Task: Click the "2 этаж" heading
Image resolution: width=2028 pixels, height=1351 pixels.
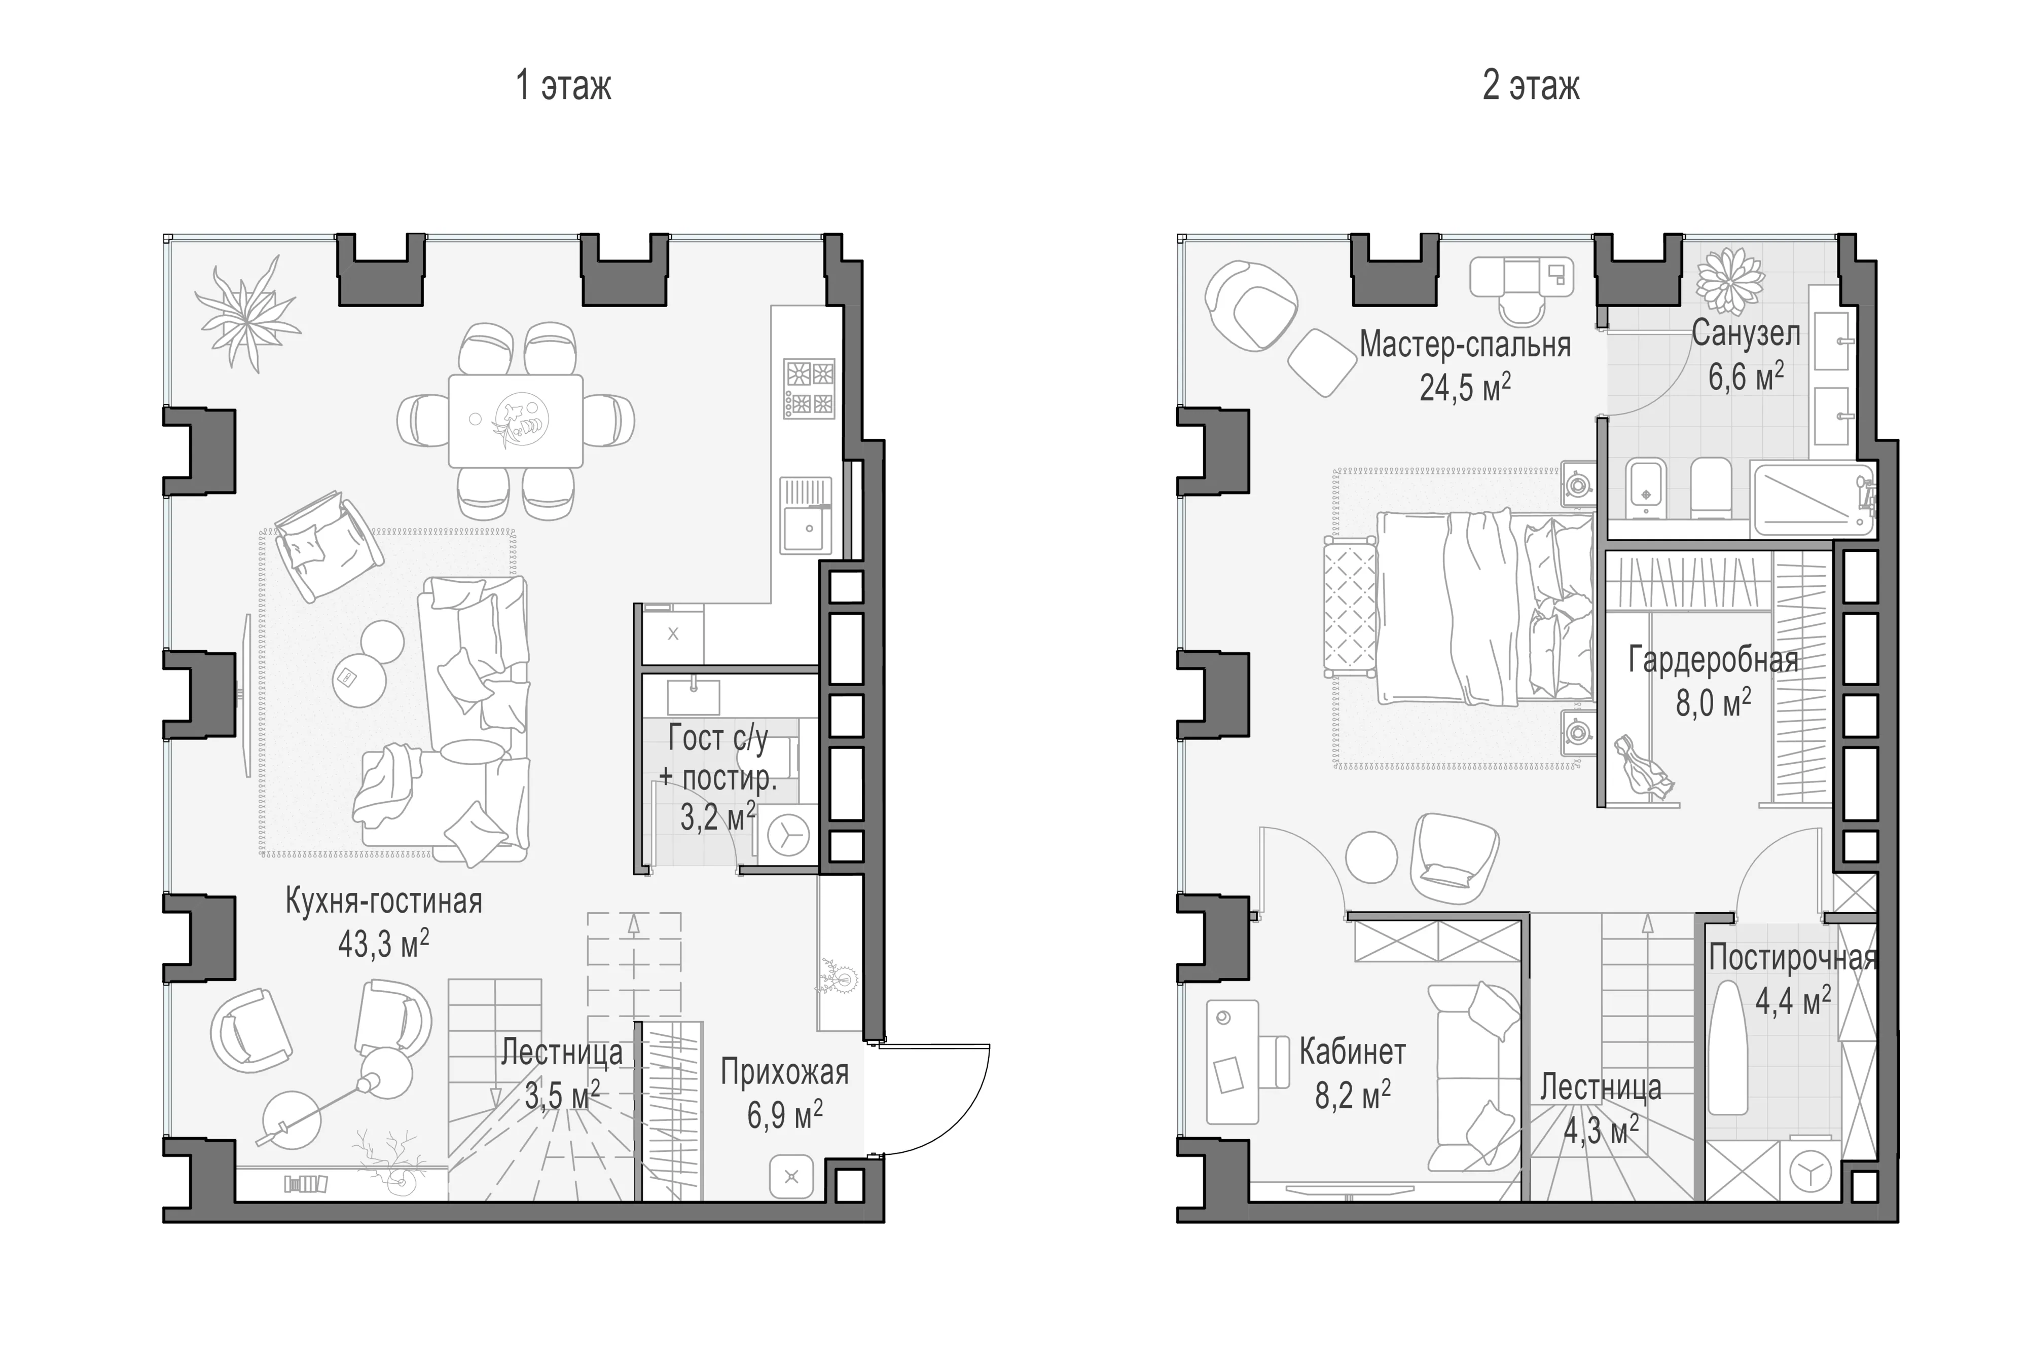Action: pos(1531,86)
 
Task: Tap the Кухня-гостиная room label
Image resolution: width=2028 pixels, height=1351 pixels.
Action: pos(383,902)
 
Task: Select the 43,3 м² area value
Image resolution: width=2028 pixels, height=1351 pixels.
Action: pos(383,944)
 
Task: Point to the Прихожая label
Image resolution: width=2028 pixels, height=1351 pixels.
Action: pos(784,1073)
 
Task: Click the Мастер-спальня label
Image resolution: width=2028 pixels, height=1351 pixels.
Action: pos(1465,345)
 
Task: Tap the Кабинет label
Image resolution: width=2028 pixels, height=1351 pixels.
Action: pos(1352,1052)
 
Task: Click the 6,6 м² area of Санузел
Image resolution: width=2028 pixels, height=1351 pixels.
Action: pos(1746,377)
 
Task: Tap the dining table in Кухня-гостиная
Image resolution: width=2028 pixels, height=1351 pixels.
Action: pos(516,421)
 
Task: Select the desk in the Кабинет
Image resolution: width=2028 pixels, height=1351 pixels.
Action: pos(1233,1062)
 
